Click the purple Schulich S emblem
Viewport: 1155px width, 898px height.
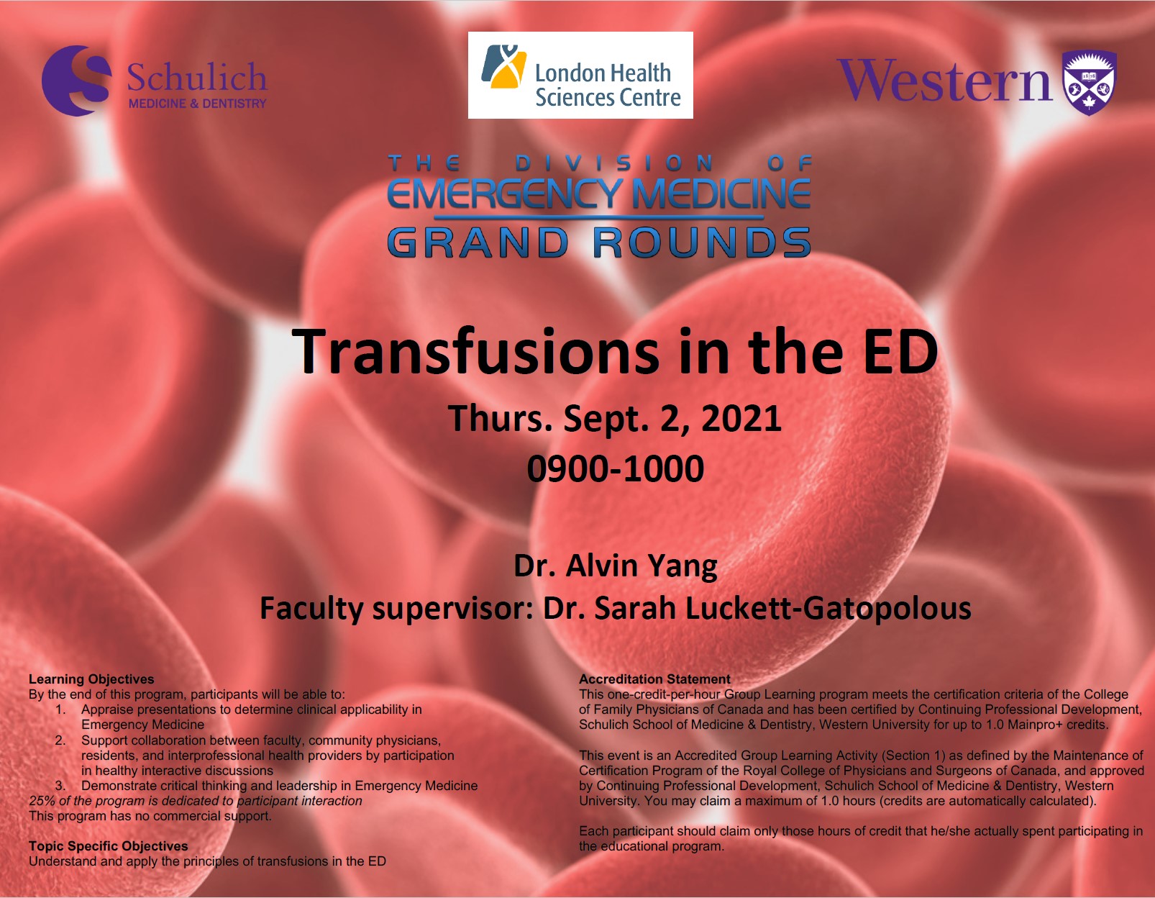point(76,81)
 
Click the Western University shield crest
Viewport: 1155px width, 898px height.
point(1089,83)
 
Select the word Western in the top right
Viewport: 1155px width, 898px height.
point(944,80)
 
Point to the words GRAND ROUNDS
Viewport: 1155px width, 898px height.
point(599,242)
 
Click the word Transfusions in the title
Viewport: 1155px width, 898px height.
point(475,352)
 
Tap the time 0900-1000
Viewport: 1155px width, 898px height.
point(616,468)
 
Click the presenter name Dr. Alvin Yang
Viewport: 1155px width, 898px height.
point(616,566)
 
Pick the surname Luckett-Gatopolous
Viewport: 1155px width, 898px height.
point(782,608)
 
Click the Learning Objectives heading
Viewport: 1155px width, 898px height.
point(91,679)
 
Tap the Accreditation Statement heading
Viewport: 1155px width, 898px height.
point(655,679)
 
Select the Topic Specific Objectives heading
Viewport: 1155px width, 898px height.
point(109,846)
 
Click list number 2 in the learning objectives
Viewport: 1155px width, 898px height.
point(60,740)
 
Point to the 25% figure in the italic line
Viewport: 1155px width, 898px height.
point(42,801)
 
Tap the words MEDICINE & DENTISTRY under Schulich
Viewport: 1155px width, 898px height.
point(197,104)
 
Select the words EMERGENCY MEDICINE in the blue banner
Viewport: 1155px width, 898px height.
point(599,194)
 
